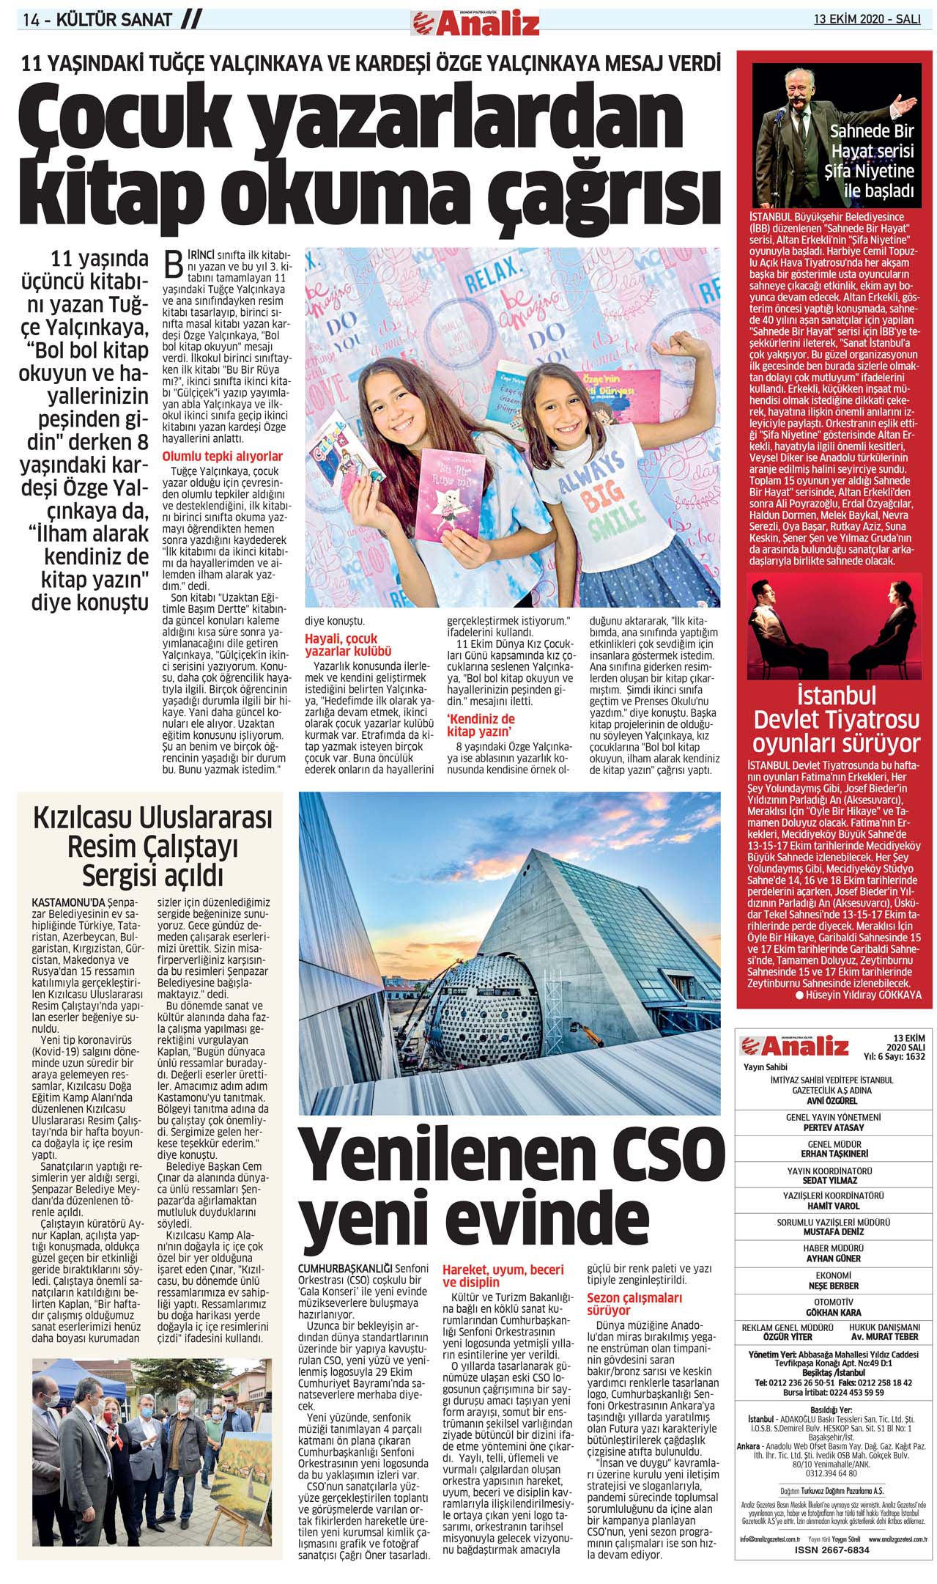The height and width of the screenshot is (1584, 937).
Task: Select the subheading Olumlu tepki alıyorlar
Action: (222, 456)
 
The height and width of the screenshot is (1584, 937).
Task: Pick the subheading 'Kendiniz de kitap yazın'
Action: (481, 724)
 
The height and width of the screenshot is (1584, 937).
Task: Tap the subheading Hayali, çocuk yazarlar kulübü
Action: (348, 644)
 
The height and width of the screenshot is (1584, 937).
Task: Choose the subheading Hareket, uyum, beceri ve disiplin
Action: (503, 1275)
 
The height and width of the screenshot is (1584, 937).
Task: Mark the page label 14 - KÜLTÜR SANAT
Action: (97, 21)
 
